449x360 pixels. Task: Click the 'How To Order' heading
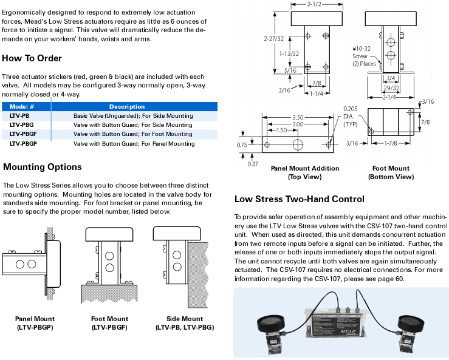(x=32, y=58)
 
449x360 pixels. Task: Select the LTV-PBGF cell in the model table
(x=24, y=134)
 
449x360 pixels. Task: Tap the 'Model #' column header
(x=22, y=106)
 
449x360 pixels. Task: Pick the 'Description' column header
(x=126, y=106)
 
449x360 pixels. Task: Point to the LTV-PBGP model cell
(x=24, y=144)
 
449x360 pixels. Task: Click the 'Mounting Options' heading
(x=42, y=167)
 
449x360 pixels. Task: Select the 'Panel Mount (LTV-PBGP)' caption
(x=36, y=323)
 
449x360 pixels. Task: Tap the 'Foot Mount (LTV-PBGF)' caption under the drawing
(x=109, y=323)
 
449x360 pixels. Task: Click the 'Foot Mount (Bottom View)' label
(x=391, y=172)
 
